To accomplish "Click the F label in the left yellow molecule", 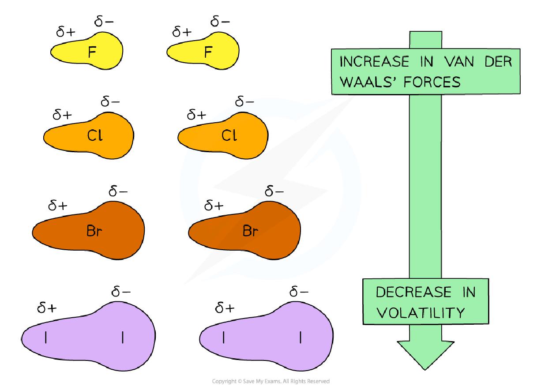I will (x=92, y=52).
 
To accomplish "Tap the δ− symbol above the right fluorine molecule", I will (x=220, y=20).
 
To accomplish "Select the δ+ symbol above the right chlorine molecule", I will (x=197, y=115).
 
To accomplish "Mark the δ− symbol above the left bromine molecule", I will (x=118, y=192).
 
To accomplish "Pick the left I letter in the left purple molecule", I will (x=46, y=338).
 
